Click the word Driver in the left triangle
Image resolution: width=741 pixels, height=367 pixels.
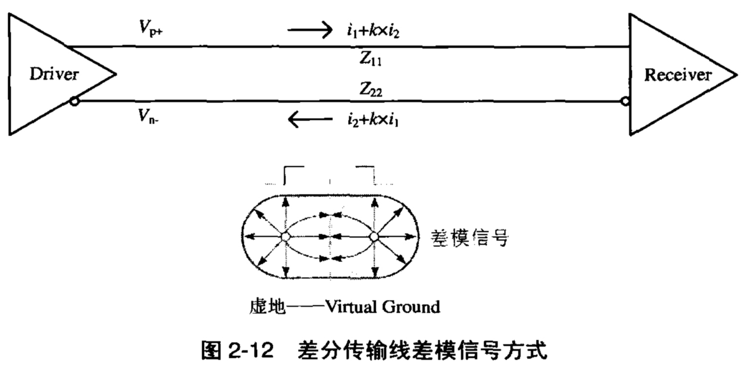(53, 75)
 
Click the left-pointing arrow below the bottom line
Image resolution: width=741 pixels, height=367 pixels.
(309, 119)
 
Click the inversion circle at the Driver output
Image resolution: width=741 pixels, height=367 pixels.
(73, 102)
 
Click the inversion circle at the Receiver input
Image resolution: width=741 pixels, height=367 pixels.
(625, 102)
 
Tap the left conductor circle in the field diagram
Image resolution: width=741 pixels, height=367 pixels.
(286, 237)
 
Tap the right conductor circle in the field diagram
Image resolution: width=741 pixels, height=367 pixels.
(374, 237)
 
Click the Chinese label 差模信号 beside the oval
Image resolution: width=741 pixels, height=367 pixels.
(470, 238)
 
